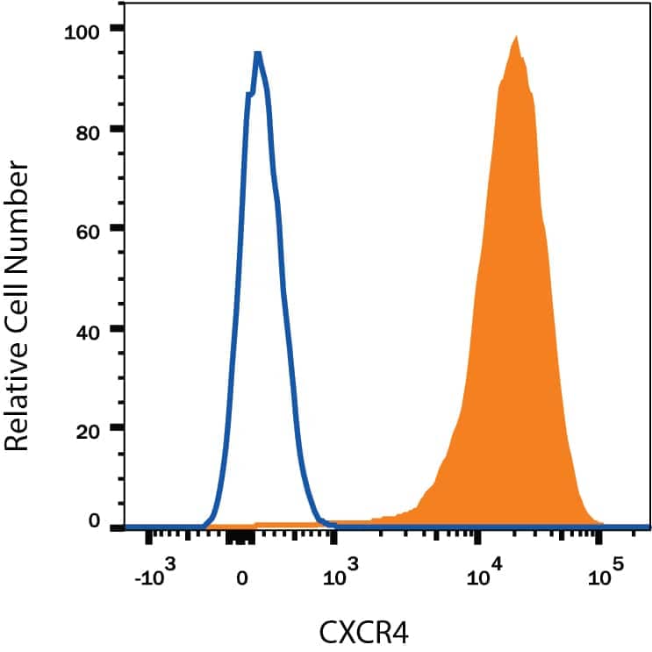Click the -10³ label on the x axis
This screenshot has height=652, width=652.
pyautogui.click(x=155, y=576)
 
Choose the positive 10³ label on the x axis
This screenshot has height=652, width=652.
pyautogui.click(x=337, y=576)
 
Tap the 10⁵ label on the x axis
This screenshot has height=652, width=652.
pyautogui.click(x=602, y=576)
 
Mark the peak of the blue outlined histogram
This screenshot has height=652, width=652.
pyautogui.click(x=257, y=54)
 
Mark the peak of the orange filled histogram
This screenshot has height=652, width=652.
pyautogui.click(x=516, y=38)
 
